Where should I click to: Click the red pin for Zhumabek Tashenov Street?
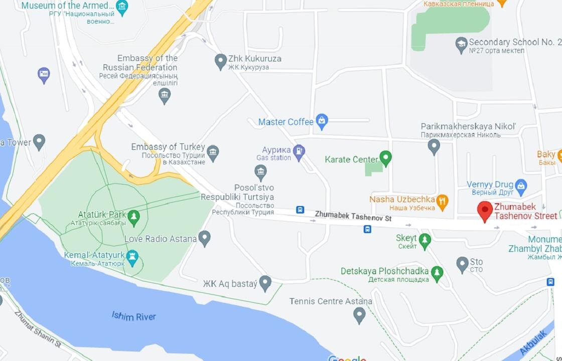485,210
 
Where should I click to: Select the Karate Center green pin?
385,158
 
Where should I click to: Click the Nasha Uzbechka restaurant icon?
442,202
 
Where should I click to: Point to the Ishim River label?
134,316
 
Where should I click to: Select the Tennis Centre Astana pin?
359,314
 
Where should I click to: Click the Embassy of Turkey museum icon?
213,152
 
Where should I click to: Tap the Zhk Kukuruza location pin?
220,61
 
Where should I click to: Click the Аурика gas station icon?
299,152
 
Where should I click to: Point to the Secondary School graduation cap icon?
461,45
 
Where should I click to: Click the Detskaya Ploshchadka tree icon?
437,273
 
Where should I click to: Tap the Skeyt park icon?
425,241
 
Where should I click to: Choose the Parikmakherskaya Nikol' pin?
434,146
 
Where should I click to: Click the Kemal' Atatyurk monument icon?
132,259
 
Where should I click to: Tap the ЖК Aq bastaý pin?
265,283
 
